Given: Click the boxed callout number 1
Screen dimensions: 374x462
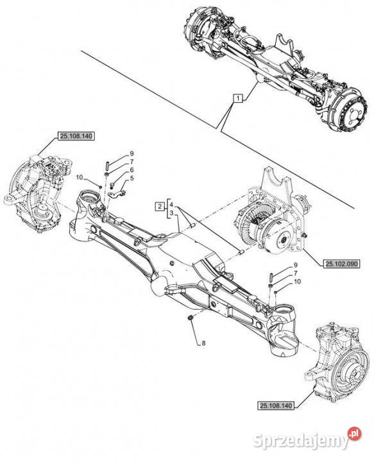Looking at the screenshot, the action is point(238,98).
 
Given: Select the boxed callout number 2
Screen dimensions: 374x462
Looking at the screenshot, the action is point(160,206).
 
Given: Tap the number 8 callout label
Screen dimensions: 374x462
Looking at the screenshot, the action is point(203,343).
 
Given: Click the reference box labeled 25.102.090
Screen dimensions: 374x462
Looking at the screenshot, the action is point(341,264).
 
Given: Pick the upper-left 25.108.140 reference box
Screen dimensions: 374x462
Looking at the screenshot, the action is point(76,136).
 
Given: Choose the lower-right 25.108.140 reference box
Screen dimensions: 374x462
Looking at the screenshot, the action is point(276,406).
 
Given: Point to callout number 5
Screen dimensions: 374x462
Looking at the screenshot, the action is point(132,178).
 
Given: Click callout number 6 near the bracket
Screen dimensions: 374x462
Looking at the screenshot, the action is point(132,170).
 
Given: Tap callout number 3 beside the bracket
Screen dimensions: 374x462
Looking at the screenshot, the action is point(171,213).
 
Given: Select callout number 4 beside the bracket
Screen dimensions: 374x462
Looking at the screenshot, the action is point(171,205).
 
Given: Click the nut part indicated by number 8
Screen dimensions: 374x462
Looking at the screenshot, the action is point(191,318).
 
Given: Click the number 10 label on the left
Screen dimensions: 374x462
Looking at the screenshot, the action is point(80,177).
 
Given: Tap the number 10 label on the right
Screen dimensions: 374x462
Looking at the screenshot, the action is point(298,282).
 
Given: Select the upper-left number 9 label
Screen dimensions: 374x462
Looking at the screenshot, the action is point(132,153).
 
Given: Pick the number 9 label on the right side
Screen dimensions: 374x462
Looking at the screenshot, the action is point(295,265).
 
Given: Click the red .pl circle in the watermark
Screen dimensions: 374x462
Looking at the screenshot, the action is point(354,433).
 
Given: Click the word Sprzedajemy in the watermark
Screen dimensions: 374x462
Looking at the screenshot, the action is point(301,441).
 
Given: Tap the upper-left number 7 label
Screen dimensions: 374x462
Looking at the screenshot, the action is point(132,162).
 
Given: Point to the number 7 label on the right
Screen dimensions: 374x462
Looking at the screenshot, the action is point(295,273).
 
